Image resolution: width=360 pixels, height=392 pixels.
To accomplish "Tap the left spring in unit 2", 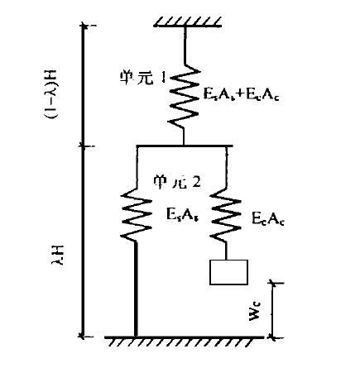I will point(135,213).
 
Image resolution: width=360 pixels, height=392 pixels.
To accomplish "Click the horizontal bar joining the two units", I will point(184,146).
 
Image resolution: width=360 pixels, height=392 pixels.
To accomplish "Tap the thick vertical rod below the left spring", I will point(135,289).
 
